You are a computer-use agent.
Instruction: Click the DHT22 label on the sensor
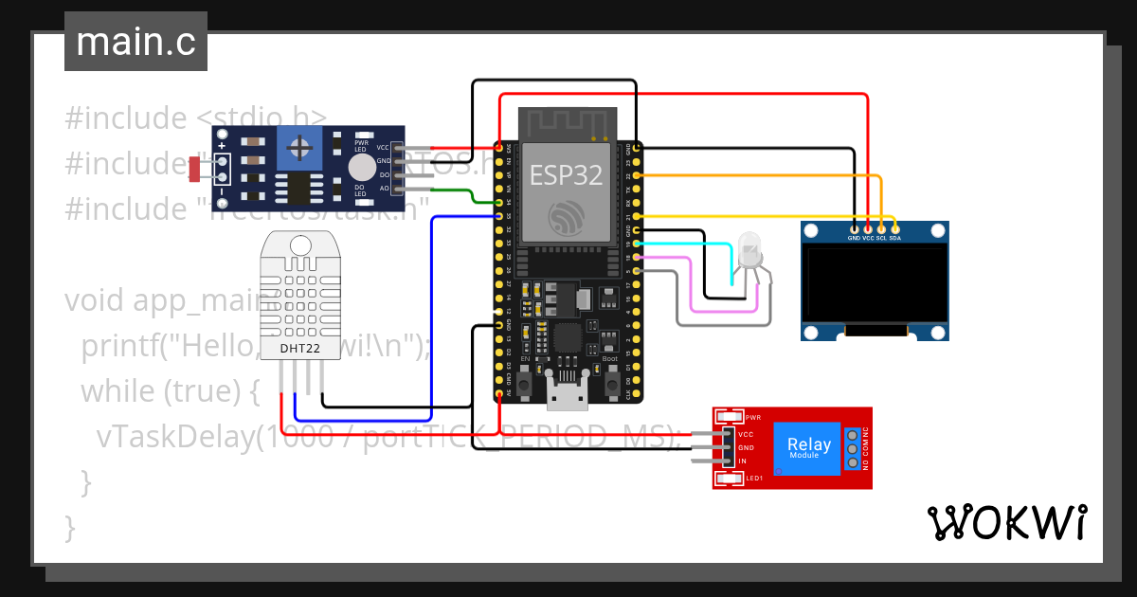tap(300, 349)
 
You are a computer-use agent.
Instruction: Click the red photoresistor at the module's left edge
tap(194, 169)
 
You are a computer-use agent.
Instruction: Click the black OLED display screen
tap(874, 283)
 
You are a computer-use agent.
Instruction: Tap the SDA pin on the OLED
tap(895, 228)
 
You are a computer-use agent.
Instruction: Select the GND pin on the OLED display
tap(856, 228)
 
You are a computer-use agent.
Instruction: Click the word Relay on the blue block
tap(808, 444)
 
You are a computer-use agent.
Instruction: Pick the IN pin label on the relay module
tap(743, 461)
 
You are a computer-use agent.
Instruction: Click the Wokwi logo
tap(1006, 522)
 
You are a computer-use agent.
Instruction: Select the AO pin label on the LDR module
tap(383, 188)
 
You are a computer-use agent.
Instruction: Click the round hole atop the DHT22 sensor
tap(299, 245)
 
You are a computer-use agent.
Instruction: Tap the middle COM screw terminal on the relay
tap(853, 448)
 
